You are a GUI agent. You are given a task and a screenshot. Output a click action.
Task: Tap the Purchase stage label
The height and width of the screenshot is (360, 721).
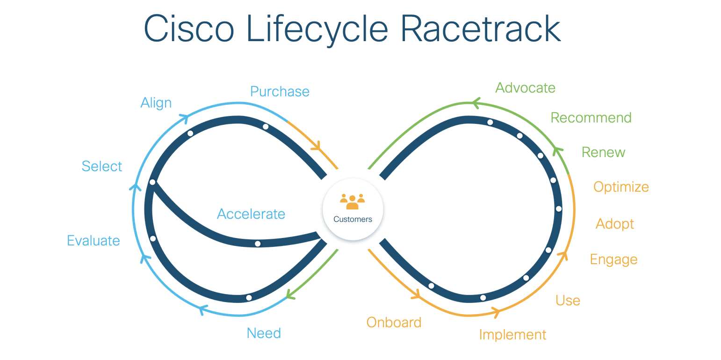[280, 91]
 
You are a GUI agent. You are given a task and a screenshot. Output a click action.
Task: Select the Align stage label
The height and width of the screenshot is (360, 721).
[156, 103]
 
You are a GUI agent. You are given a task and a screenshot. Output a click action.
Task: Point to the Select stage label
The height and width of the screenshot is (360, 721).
[102, 166]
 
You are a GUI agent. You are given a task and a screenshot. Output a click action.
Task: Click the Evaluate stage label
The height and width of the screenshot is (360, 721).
[94, 241]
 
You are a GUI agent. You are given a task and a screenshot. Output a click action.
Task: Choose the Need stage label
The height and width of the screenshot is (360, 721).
[264, 333]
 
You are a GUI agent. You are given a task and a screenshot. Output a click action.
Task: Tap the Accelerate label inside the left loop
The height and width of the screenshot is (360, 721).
[251, 214]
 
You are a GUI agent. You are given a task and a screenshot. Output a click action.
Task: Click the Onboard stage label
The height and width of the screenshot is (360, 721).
[394, 322]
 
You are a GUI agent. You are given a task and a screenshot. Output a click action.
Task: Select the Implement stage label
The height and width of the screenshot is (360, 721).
[512, 335]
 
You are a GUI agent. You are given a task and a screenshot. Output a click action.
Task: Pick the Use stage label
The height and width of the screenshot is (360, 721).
[568, 301]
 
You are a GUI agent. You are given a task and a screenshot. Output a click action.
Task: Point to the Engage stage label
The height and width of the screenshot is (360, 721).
[613, 259]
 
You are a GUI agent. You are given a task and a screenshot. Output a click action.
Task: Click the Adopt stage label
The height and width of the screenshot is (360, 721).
[615, 224]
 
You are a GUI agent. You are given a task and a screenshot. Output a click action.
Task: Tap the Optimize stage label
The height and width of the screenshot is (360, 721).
[621, 187]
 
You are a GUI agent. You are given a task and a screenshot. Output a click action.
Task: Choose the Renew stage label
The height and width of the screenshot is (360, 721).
[603, 152]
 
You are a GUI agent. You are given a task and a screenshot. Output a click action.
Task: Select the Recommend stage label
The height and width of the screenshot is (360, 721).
[591, 118]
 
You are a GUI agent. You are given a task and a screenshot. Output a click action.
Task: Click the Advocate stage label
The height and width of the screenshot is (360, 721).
[525, 88]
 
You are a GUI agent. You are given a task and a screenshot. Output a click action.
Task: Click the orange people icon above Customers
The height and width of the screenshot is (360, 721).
[353, 202]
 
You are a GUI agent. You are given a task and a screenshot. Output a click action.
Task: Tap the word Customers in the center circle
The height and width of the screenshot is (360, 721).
[353, 219]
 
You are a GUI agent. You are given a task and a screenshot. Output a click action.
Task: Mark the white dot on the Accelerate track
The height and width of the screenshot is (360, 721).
[258, 244]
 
